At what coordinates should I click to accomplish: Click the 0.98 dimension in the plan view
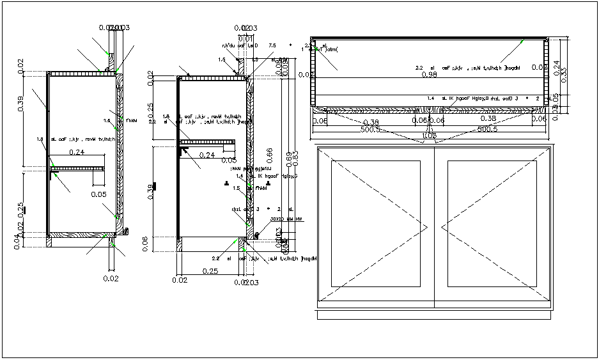coord(430,75)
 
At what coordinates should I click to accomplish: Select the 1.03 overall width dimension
coord(430,136)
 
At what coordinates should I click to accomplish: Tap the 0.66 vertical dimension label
coord(270,154)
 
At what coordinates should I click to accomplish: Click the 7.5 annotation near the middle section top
coord(272,45)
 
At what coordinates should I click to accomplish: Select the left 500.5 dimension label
coord(371,129)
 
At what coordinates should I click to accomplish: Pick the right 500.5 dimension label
coord(489,129)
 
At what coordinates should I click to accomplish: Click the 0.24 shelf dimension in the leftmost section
coord(77,152)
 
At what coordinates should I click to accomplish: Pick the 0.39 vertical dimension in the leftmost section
coord(20,102)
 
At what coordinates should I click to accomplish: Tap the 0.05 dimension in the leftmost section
coord(98,194)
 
